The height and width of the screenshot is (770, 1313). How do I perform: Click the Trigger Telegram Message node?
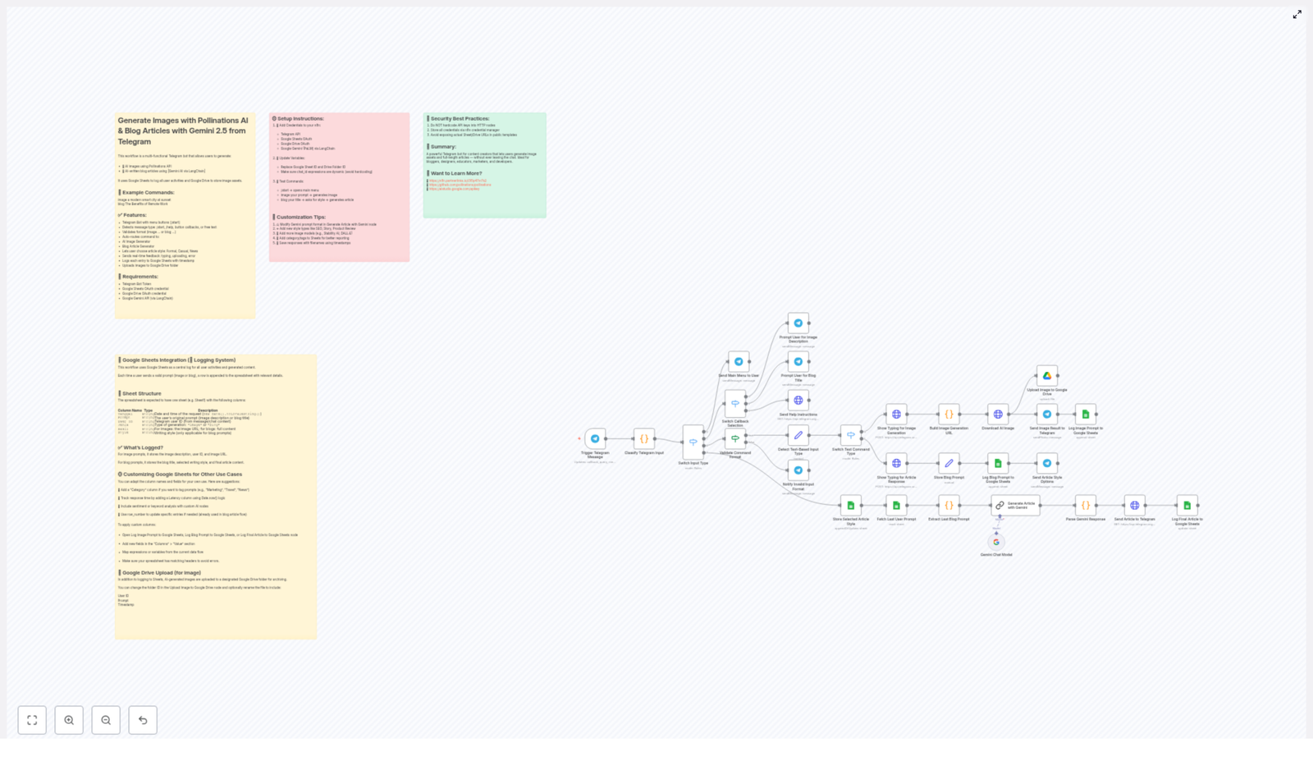(595, 438)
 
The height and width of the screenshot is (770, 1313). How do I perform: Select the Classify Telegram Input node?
(644, 438)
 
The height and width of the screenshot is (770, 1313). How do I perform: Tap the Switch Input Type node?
(693, 442)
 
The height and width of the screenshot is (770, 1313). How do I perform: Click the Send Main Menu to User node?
(739, 361)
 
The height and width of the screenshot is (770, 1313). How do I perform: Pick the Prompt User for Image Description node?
(798, 323)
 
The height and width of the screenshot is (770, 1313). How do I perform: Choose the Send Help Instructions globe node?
(798, 401)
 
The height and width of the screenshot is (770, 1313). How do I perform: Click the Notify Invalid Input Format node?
(798, 470)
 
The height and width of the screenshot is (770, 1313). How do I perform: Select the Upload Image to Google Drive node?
(1047, 376)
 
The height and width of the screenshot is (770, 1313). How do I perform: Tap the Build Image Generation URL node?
(949, 415)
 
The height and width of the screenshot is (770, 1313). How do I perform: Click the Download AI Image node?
(998, 415)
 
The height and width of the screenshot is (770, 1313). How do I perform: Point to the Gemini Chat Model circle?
(996, 542)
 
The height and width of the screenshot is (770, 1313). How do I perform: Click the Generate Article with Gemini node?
(1015, 505)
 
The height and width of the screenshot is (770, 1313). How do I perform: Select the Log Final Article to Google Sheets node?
(1187, 505)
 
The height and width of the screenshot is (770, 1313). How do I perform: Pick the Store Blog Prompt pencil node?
(949, 463)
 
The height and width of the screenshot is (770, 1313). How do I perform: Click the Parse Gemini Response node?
(1086, 505)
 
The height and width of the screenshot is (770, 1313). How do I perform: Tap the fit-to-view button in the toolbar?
(32, 720)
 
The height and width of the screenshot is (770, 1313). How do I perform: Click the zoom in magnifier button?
(69, 720)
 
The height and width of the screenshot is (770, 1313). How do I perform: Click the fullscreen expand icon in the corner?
(1297, 14)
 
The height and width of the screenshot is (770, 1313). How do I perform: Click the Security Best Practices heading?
(460, 119)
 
